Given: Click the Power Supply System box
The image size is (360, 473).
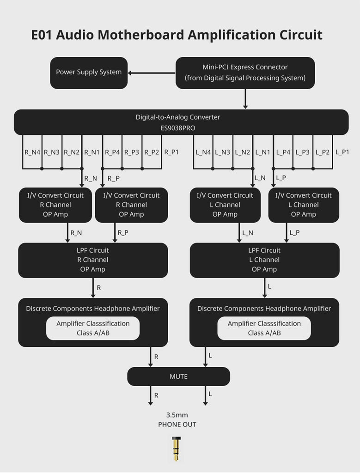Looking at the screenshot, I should pyautogui.click(x=89, y=73).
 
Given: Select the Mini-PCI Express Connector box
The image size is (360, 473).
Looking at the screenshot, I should pyautogui.click(x=245, y=73).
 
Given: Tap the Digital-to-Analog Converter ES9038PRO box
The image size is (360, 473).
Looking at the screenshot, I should pyautogui.click(x=181, y=122).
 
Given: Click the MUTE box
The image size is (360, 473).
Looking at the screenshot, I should pyautogui.click(x=178, y=376).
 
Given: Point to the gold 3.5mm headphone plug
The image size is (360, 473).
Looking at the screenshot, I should pyautogui.click(x=176, y=449).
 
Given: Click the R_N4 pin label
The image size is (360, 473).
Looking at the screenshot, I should pyautogui.click(x=32, y=152).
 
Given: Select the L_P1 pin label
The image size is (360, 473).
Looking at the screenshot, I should pyautogui.click(x=342, y=152).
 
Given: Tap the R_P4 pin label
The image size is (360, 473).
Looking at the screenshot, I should pyautogui.click(x=112, y=152).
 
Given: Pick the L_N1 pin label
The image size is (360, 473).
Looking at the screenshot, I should pyautogui.click(x=262, y=152).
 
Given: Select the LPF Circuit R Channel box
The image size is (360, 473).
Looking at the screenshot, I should pyautogui.click(x=93, y=260).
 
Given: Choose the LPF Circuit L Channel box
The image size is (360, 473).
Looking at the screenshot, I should pyautogui.click(x=264, y=260).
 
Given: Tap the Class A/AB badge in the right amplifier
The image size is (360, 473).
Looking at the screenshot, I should pyautogui.click(x=264, y=328).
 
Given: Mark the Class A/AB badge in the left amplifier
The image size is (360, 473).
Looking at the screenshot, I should pyautogui.click(x=93, y=328).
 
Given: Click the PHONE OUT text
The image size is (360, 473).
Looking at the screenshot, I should pyautogui.click(x=177, y=424).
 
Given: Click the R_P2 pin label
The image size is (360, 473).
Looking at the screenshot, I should pyautogui.click(x=152, y=152).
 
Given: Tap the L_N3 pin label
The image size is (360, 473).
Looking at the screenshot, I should pyautogui.click(x=223, y=152).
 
